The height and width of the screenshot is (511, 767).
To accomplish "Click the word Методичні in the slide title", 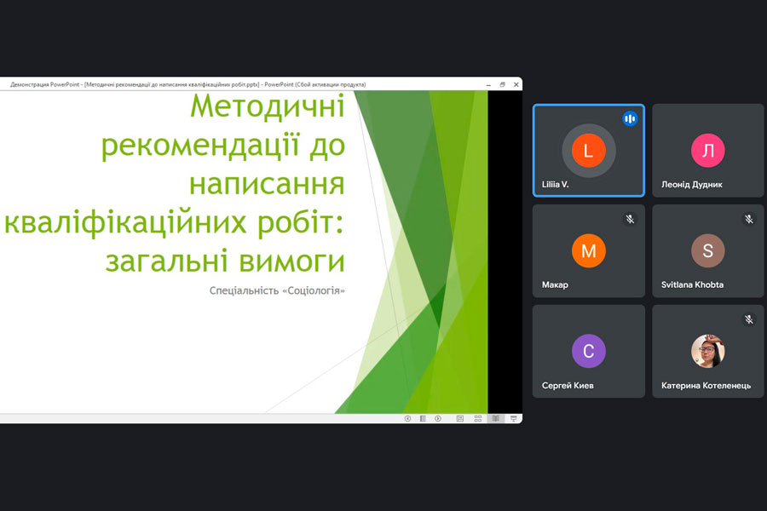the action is [268, 106].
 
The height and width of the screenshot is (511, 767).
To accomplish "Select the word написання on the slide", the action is [267, 184].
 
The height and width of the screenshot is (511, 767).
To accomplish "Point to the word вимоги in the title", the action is [292, 261].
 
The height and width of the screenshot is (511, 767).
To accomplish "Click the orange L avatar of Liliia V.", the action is [588, 151].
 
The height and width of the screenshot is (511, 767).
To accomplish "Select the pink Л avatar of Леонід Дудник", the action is [708, 151].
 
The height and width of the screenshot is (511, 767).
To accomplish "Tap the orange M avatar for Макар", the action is [588, 251].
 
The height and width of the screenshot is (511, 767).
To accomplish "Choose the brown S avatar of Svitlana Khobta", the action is [708, 251].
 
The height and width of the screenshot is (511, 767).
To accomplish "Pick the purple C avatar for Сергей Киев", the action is [588, 351].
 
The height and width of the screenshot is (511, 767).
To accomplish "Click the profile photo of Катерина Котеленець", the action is [708, 351].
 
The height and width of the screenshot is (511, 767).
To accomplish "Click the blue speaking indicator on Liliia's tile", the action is [630, 119].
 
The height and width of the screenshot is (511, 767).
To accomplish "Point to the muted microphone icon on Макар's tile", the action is [630, 219].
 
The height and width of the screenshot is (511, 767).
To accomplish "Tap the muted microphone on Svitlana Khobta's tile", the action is [749, 219].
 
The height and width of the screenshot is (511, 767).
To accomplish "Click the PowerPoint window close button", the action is [516, 84].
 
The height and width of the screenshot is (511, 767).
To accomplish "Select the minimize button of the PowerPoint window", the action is [488, 85].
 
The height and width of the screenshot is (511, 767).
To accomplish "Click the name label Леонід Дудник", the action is [692, 184].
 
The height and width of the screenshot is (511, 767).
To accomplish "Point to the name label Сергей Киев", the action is [568, 385].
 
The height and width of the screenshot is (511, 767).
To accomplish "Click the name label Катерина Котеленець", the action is [706, 385].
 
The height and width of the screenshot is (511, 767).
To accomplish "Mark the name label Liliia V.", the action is [555, 184].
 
